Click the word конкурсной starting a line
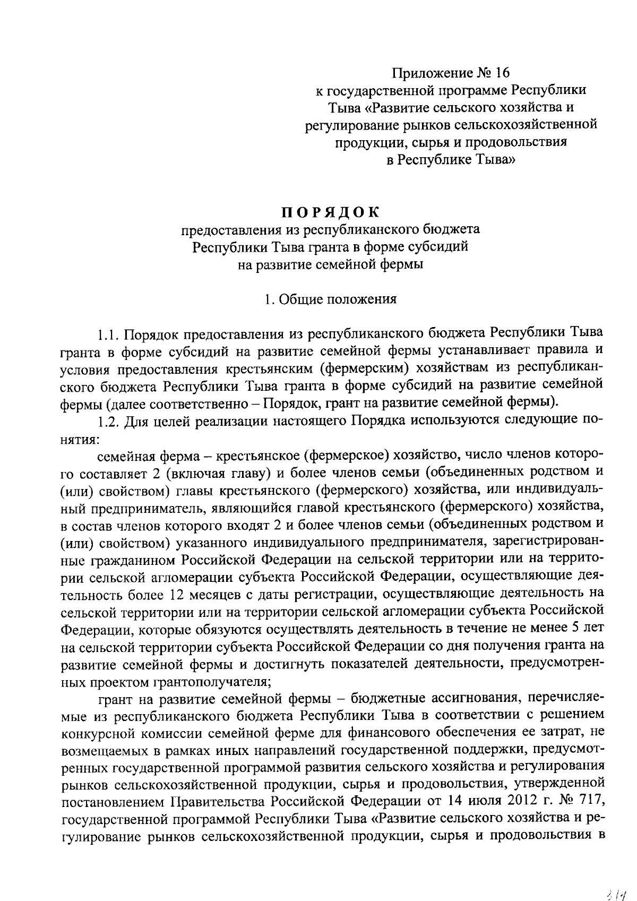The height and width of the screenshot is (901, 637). pyautogui.click(x=98, y=733)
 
